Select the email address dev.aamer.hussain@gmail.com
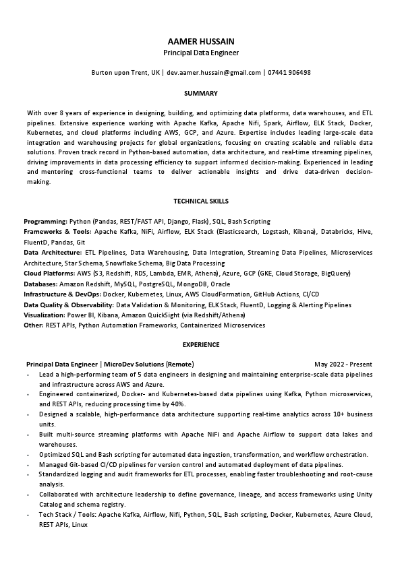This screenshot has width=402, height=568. (214, 72)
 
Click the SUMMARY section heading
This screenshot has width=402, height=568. (201, 92)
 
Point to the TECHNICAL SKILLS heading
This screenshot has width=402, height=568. (201, 201)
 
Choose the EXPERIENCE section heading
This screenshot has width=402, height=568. (201, 344)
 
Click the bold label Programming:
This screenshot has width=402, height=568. (45, 221)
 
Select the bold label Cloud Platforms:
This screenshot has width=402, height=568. (49, 274)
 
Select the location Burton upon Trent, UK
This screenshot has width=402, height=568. (125, 72)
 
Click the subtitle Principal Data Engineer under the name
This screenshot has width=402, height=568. (201, 52)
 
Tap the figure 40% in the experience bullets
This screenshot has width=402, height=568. (177, 404)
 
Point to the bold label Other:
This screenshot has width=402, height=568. (33, 325)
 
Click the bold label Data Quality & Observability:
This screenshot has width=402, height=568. (69, 305)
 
